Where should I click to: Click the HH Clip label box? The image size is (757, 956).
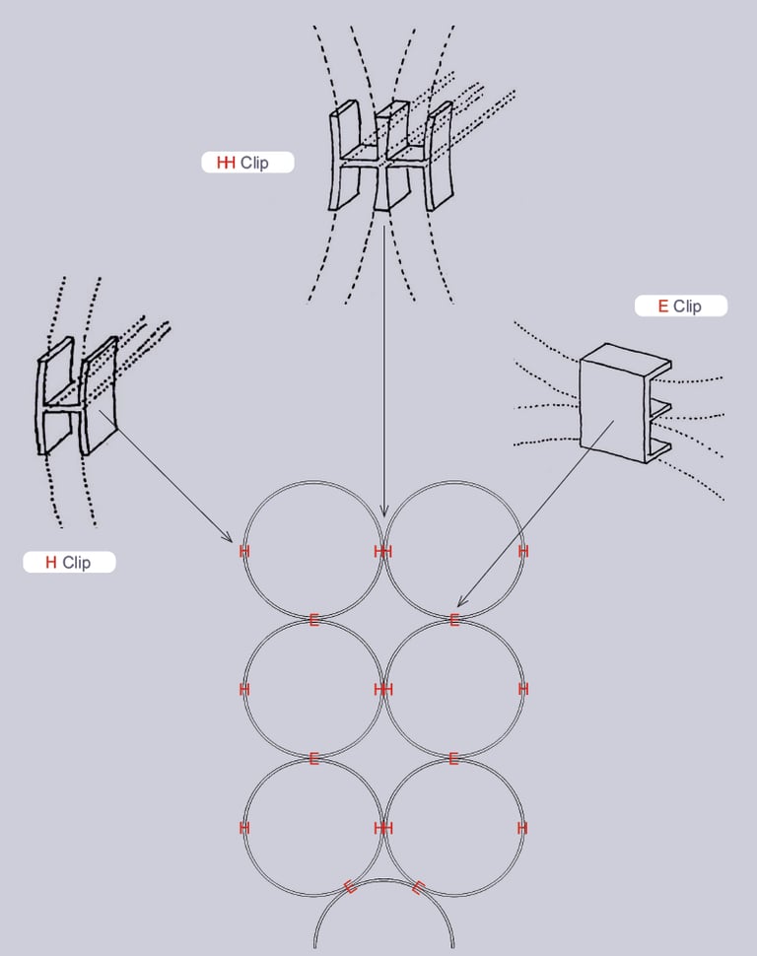[x=247, y=163]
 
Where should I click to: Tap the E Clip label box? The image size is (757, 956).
[x=680, y=307]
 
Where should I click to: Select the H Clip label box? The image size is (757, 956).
[x=69, y=563]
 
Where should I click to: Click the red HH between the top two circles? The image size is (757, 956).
[x=383, y=552]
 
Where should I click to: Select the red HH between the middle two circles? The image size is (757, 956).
[x=383, y=690]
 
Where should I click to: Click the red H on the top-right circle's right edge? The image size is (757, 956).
[x=523, y=551]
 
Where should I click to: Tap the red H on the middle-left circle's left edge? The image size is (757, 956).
[x=243, y=690]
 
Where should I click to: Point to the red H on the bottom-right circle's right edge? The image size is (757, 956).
[x=522, y=828]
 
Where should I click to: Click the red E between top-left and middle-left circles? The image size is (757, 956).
[x=313, y=620]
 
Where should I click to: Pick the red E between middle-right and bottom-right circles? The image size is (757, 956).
[x=453, y=758]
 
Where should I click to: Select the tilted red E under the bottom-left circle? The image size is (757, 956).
[x=350, y=886]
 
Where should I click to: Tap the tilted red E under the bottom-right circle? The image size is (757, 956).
[x=418, y=887]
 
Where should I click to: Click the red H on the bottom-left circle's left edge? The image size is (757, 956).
[x=243, y=828]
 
